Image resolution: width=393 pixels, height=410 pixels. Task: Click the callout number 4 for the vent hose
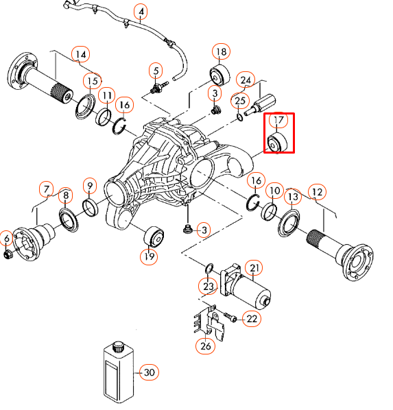coord(141,12)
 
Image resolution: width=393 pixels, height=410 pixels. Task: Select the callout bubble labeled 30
coord(149,372)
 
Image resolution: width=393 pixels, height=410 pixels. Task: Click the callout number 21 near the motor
coord(254,268)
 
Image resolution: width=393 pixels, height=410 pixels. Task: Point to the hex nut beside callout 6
coord(8,254)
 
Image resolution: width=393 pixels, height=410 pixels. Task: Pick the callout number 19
coord(149,256)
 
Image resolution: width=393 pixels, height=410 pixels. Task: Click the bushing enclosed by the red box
coord(278,143)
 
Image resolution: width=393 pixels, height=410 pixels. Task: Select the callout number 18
coord(221,52)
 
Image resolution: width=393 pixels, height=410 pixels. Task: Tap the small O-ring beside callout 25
coord(240,117)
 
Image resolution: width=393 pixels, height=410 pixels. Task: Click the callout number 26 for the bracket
coord(205,346)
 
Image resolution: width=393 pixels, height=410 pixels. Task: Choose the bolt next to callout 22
coord(230,317)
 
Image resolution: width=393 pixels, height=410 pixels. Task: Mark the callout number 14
coord(80,54)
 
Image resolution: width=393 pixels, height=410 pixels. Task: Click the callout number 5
coord(156,71)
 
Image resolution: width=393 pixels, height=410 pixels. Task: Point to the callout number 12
coord(317,192)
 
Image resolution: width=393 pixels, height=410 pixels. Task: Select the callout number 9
coord(90,186)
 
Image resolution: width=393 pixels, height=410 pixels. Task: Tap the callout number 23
coord(209,286)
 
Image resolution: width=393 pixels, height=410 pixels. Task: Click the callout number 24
coord(246,80)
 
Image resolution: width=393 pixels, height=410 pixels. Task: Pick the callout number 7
coord(47,189)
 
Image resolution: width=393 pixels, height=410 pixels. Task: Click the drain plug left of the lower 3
coord(187,230)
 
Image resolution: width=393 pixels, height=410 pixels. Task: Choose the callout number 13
coord(293,197)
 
